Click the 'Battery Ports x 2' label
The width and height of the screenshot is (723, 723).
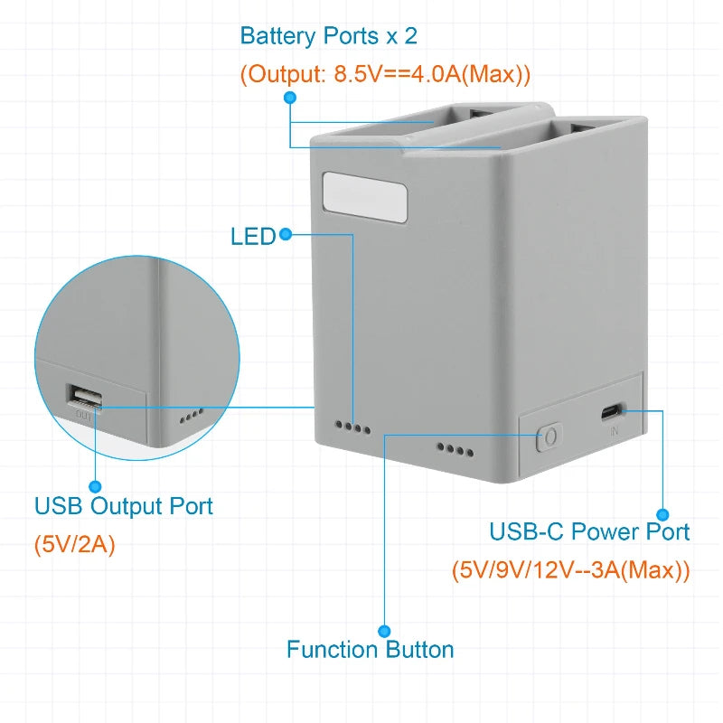[x=328, y=37]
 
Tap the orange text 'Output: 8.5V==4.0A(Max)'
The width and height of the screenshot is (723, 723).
[x=385, y=74]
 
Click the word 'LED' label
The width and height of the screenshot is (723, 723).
[x=252, y=237]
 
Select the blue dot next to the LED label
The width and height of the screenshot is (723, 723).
[x=286, y=235]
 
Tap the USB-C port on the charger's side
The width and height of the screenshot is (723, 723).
[x=614, y=412]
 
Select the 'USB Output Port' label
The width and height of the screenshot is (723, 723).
[x=124, y=506]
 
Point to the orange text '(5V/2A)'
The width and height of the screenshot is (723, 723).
[x=75, y=546]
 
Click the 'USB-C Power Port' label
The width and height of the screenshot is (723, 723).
[x=589, y=531]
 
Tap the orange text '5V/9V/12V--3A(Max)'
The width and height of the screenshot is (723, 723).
[x=570, y=571]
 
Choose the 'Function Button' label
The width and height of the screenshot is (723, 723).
[x=370, y=649]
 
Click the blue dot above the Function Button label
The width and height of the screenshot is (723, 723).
[x=384, y=630]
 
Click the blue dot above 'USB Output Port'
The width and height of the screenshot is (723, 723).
[x=96, y=486]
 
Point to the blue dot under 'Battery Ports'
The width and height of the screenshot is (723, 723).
[x=289, y=98]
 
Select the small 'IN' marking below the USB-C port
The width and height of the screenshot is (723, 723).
[x=615, y=432]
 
